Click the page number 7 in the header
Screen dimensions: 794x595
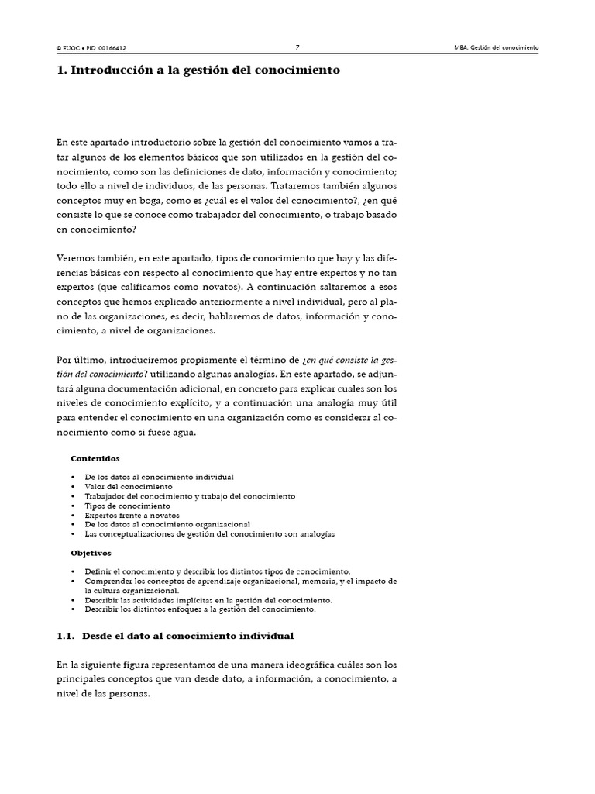[297, 47]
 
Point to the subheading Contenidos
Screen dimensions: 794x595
[95, 458]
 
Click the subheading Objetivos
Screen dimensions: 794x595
[91, 553]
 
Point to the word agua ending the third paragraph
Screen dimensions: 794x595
[181, 433]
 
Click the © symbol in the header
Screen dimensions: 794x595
[59, 48]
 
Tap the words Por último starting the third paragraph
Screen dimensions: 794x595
[81, 360]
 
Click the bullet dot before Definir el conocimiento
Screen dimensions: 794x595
[73, 571]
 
